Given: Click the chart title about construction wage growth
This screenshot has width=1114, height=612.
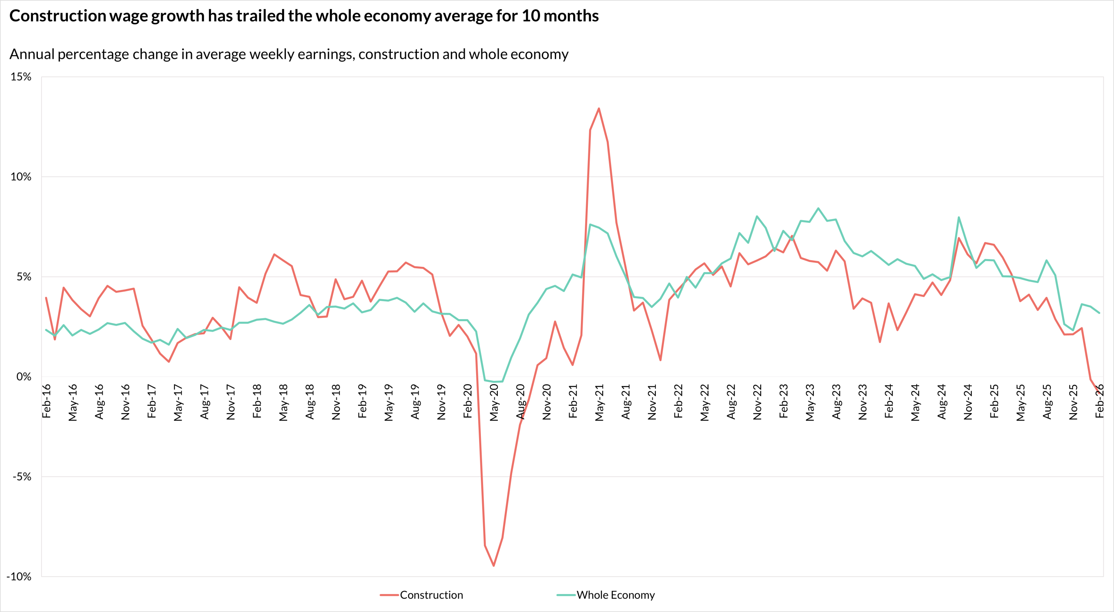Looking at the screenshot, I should [x=304, y=16].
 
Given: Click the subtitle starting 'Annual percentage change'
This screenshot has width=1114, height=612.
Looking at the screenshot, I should [x=289, y=54].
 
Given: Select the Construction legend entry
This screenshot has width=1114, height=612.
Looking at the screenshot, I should [x=431, y=595].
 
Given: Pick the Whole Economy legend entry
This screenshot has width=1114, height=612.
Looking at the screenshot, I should [x=615, y=595].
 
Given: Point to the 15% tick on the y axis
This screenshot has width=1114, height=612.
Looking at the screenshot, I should [x=21, y=77].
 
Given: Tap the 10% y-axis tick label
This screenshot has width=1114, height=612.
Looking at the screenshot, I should [x=21, y=177].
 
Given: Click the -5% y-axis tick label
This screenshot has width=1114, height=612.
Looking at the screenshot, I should [x=22, y=477].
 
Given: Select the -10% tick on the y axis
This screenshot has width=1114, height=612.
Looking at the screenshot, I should [x=19, y=577].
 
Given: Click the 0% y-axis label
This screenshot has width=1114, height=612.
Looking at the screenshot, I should [x=23, y=377].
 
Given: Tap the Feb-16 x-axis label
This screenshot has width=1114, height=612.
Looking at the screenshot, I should [x=47, y=401].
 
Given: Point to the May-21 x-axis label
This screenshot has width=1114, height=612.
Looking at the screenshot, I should [x=600, y=403].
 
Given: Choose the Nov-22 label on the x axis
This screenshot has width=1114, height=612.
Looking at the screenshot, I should [x=758, y=402].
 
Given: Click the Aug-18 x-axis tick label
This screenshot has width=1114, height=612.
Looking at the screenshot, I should [x=310, y=402].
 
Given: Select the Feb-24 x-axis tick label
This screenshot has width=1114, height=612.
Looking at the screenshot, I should [x=889, y=401].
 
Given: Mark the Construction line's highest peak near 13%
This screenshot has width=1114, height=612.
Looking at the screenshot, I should [x=599, y=108].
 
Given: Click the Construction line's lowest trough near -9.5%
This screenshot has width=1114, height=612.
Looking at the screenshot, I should [x=493, y=566].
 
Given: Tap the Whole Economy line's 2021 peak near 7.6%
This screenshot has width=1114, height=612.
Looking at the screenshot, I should [x=590, y=224].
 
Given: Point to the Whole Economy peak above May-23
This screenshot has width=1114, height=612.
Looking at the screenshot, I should [x=818, y=208].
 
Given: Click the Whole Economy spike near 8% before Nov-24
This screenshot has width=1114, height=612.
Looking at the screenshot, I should [x=959, y=217].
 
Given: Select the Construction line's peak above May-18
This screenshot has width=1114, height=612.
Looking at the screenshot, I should [x=274, y=254].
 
